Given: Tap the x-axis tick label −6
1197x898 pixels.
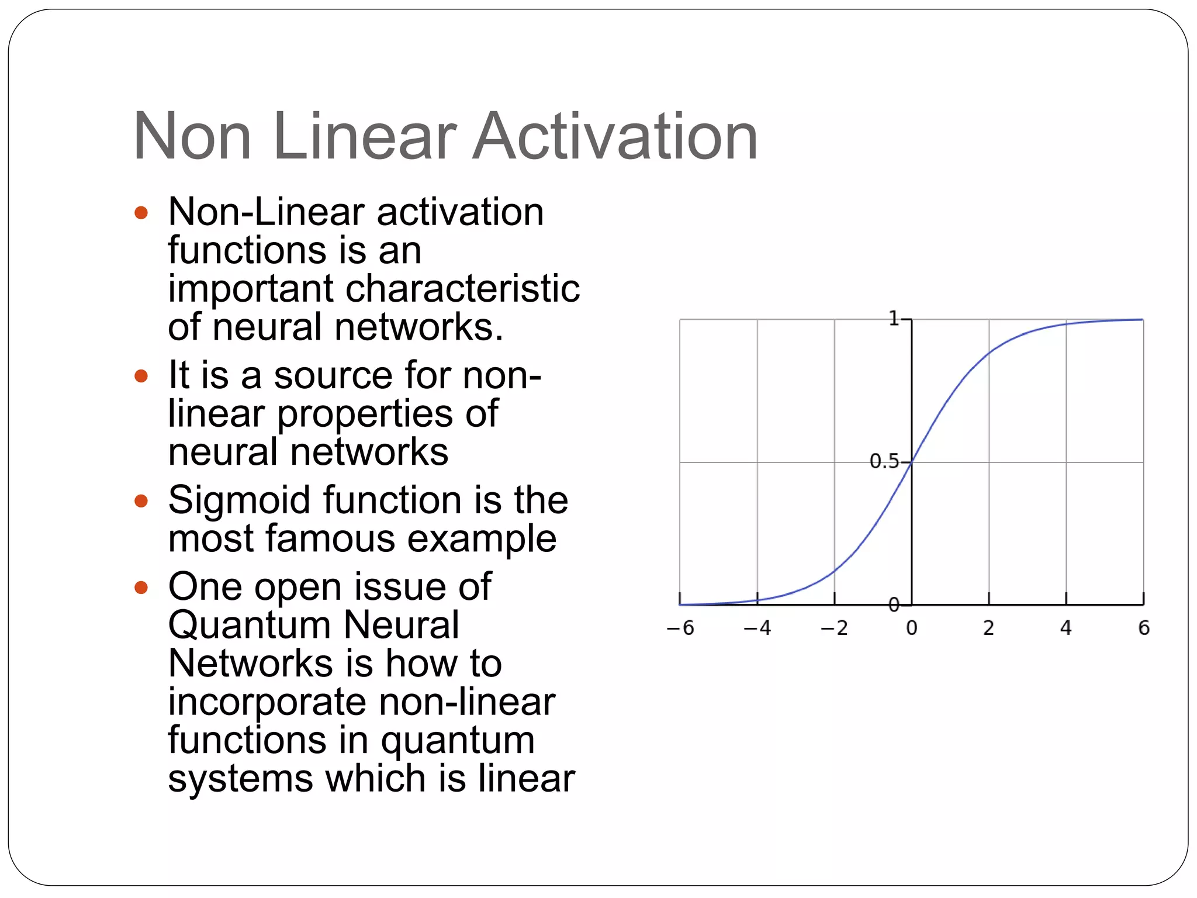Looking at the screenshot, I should click(680, 628).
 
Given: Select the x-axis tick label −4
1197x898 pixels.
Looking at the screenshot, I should click(757, 628).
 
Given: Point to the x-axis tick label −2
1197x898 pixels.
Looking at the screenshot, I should click(835, 628).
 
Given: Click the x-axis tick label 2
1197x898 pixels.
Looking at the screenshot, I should click(988, 628).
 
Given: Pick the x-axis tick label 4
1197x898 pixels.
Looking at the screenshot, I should click(1066, 628).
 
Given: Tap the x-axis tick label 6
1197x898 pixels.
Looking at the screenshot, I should click(1144, 628).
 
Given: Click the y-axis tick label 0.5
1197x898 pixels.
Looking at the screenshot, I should click(884, 462).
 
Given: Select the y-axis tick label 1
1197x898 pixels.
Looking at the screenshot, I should click(894, 319).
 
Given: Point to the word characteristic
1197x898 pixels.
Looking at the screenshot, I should click(463, 289).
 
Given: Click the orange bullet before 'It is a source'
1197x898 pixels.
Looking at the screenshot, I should click(141, 375).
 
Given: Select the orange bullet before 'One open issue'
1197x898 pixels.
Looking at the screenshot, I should click(141, 587).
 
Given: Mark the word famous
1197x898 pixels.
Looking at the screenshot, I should click(330, 538).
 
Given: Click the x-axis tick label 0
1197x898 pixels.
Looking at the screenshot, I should click(912, 628).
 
